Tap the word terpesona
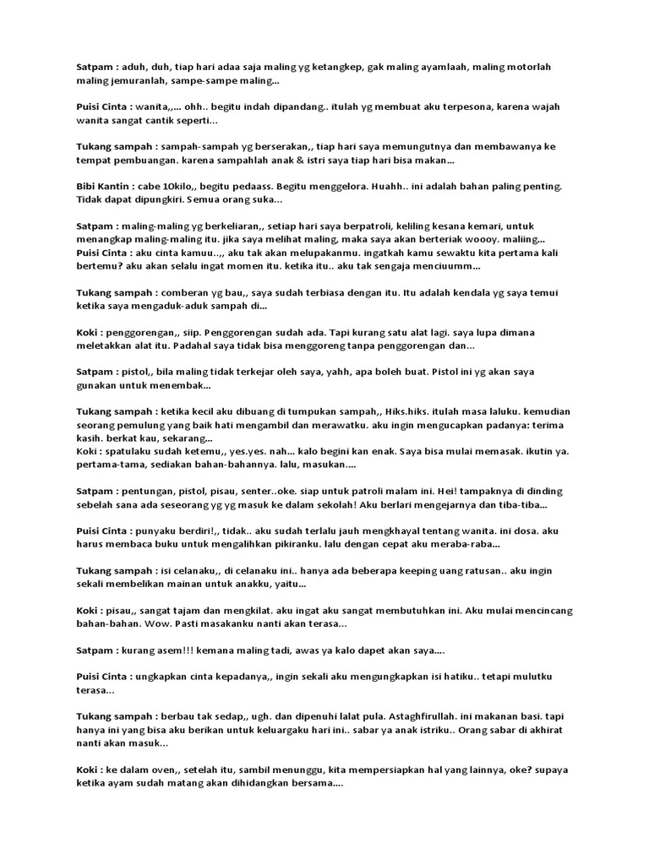[x=474, y=107]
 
